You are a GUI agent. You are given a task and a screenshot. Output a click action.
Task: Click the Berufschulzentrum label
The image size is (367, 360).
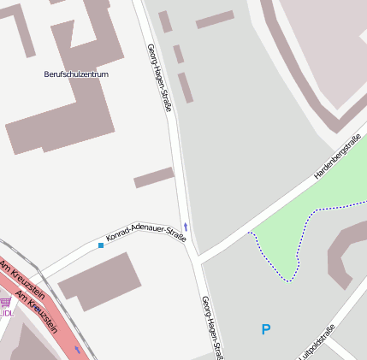(76, 74)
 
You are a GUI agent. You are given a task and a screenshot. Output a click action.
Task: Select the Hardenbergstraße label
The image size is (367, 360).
(337, 156)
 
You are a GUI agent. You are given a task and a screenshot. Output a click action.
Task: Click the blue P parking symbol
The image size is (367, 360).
(266, 329)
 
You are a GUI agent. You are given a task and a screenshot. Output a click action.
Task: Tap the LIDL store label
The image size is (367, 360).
(7, 313)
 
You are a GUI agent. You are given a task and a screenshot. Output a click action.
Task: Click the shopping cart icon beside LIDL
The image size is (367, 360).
(6, 302)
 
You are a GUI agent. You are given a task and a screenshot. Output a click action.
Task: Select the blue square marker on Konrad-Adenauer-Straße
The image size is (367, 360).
(101, 245)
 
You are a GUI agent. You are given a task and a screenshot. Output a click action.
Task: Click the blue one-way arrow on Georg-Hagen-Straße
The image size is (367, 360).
(185, 227)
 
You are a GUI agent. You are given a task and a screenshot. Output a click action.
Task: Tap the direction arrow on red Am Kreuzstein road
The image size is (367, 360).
(79, 349)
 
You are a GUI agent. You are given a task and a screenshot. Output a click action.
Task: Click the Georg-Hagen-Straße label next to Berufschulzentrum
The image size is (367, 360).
(160, 77)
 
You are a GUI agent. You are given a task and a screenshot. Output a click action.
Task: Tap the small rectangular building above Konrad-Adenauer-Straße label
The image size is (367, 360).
(154, 178)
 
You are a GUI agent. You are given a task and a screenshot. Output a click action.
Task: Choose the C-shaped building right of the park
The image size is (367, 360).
(342, 257)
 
